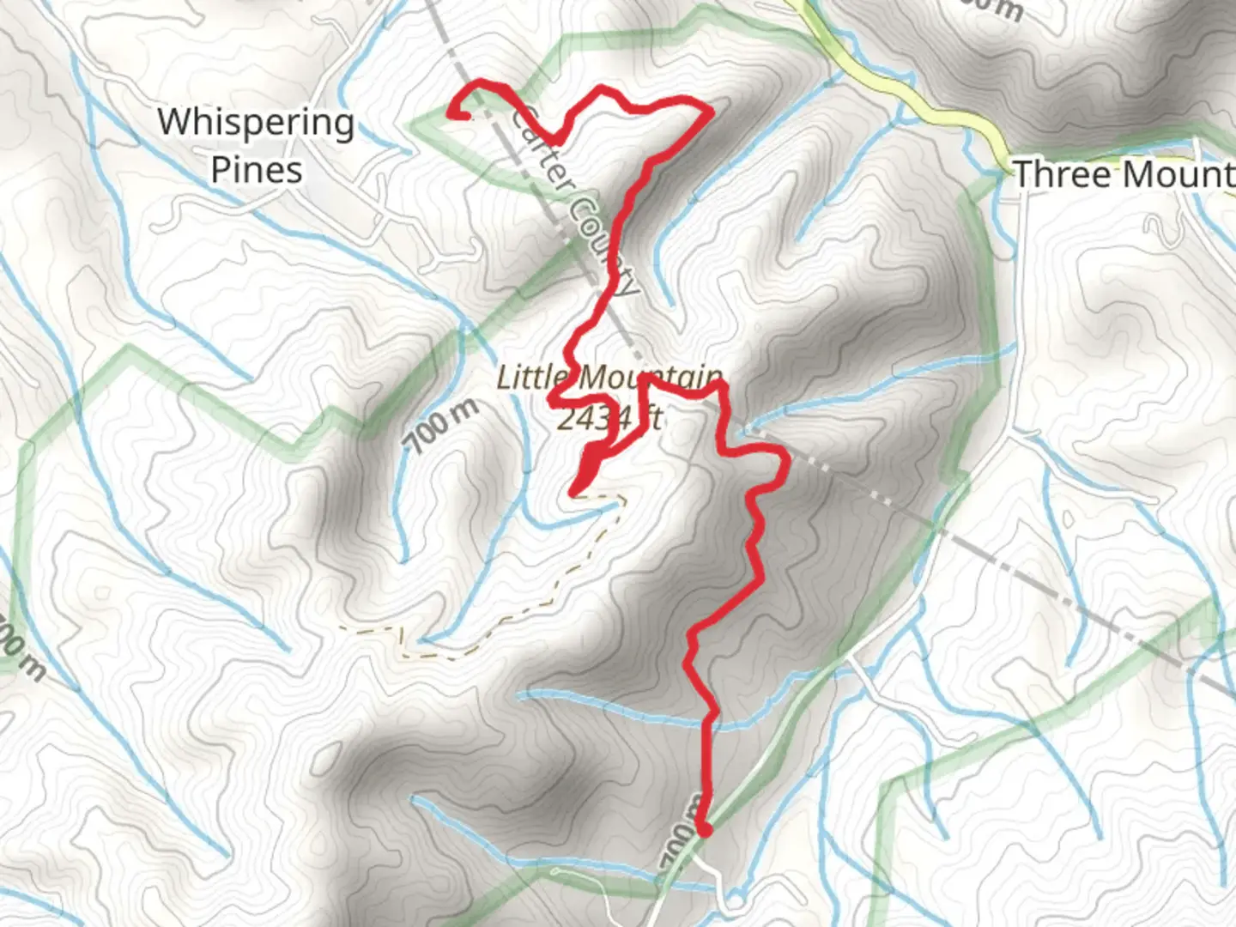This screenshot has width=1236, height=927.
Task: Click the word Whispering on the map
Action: (x=256, y=123)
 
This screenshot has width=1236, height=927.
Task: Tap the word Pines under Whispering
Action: (x=257, y=169)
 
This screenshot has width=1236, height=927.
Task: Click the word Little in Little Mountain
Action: (x=532, y=378)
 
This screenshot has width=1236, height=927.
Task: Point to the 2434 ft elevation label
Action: (x=609, y=418)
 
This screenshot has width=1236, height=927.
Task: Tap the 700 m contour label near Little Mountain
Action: (x=442, y=426)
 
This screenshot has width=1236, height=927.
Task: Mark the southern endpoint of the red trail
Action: (x=705, y=829)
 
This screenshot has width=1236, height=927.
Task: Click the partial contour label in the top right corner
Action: (x=991, y=9)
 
